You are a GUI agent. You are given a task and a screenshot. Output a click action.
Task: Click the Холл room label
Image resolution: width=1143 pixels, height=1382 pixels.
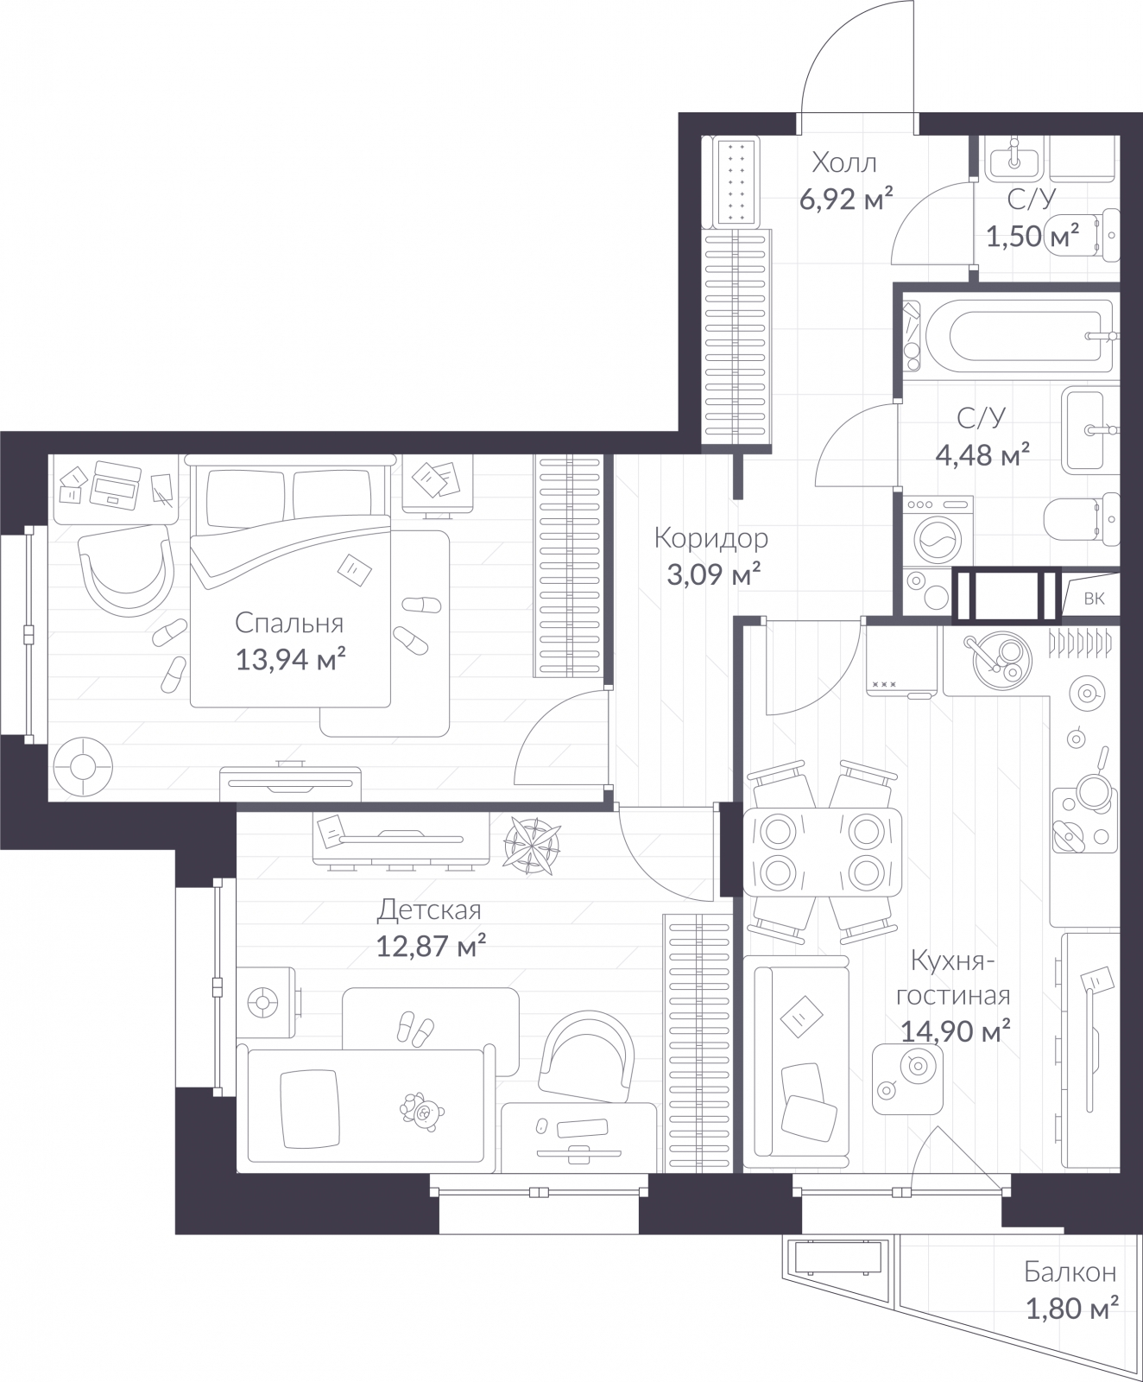[844, 162]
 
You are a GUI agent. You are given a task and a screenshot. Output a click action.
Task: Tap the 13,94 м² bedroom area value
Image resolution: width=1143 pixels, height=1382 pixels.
[290, 661]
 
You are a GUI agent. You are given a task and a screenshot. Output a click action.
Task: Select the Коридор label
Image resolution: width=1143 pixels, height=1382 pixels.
[710, 538]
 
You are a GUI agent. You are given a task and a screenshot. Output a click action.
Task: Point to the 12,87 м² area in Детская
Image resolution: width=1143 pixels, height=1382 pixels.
[430, 947]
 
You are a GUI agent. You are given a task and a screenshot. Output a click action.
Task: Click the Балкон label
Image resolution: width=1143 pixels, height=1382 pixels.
[1070, 1272]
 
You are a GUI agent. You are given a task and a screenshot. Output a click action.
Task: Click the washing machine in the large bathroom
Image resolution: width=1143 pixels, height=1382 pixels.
[937, 533]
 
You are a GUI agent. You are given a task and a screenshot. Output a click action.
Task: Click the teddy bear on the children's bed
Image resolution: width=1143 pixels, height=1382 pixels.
[422, 1111]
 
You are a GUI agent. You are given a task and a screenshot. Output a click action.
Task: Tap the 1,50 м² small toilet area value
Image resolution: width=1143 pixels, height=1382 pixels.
[1032, 235]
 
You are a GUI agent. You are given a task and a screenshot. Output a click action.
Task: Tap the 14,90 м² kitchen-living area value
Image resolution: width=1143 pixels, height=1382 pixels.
[955, 1030]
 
